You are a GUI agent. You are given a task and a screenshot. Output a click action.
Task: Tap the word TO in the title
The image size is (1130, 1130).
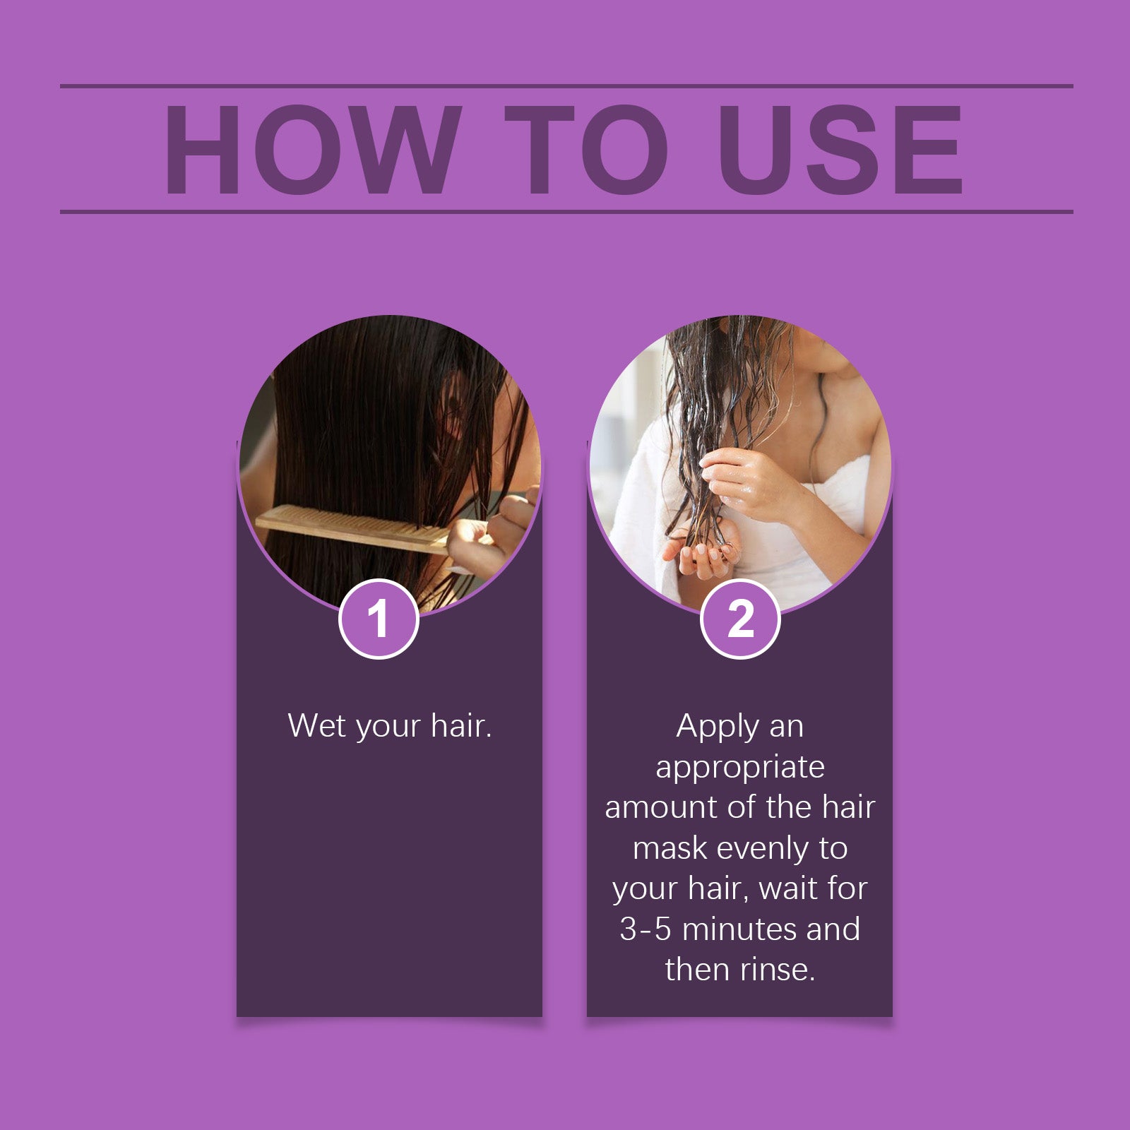pos(586,150)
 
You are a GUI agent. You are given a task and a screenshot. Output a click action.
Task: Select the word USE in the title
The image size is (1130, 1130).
pos(840,150)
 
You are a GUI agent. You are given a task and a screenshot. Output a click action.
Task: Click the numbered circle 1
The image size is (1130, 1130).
pos(379,619)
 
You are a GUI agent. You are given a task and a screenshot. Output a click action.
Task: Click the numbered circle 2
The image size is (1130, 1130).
pos(740,619)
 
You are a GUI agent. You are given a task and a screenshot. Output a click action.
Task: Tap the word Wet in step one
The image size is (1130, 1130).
pos(317,726)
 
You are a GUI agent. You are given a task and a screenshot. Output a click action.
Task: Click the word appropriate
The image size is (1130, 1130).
pos(740,767)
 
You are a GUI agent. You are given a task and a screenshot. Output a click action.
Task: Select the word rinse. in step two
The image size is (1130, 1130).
pos(776,970)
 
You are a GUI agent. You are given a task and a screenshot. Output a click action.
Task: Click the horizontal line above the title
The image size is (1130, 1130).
pos(565,86)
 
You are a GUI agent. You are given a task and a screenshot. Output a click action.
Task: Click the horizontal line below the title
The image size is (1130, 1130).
pos(565,211)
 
